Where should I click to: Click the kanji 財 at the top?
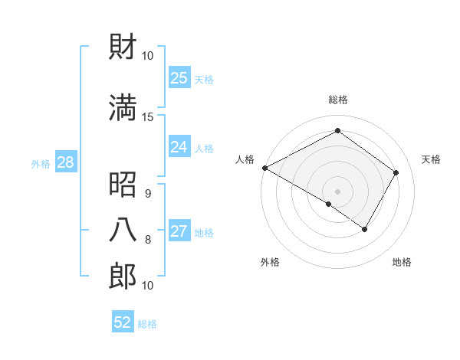pyautogui.click(x=123, y=47)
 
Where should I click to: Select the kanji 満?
pyautogui.click(x=123, y=107)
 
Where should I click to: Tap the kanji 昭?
pyautogui.click(x=123, y=184)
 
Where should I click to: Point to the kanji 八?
pyautogui.click(x=123, y=230)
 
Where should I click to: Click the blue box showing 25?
pyautogui.click(x=179, y=77)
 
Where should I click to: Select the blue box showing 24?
pyautogui.click(x=179, y=147)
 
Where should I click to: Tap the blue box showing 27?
pyautogui.click(x=179, y=231)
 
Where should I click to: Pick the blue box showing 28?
pyautogui.click(x=65, y=162)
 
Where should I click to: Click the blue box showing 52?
pyautogui.click(x=123, y=322)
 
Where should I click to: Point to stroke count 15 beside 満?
pyautogui.click(x=148, y=116)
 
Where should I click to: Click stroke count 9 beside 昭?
pyautogui.click(x=148, y=194)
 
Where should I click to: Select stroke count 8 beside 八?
pyautogui.click(x=148, y=240)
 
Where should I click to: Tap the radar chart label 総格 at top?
pyautogui.click(x=337, y=100)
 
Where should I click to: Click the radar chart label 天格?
pyautogui.click(x=431, y=159)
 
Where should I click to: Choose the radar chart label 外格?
pyautogui.click(x=270, y=262)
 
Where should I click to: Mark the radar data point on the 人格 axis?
pyautogui.click(x=264, y=167)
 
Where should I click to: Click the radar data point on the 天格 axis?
pyautogui.click(x=396, y=172)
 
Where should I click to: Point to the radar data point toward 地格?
pyautogui.click(x=365, y=229)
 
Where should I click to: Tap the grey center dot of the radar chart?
pyautogui.click(x=337, y=191)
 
